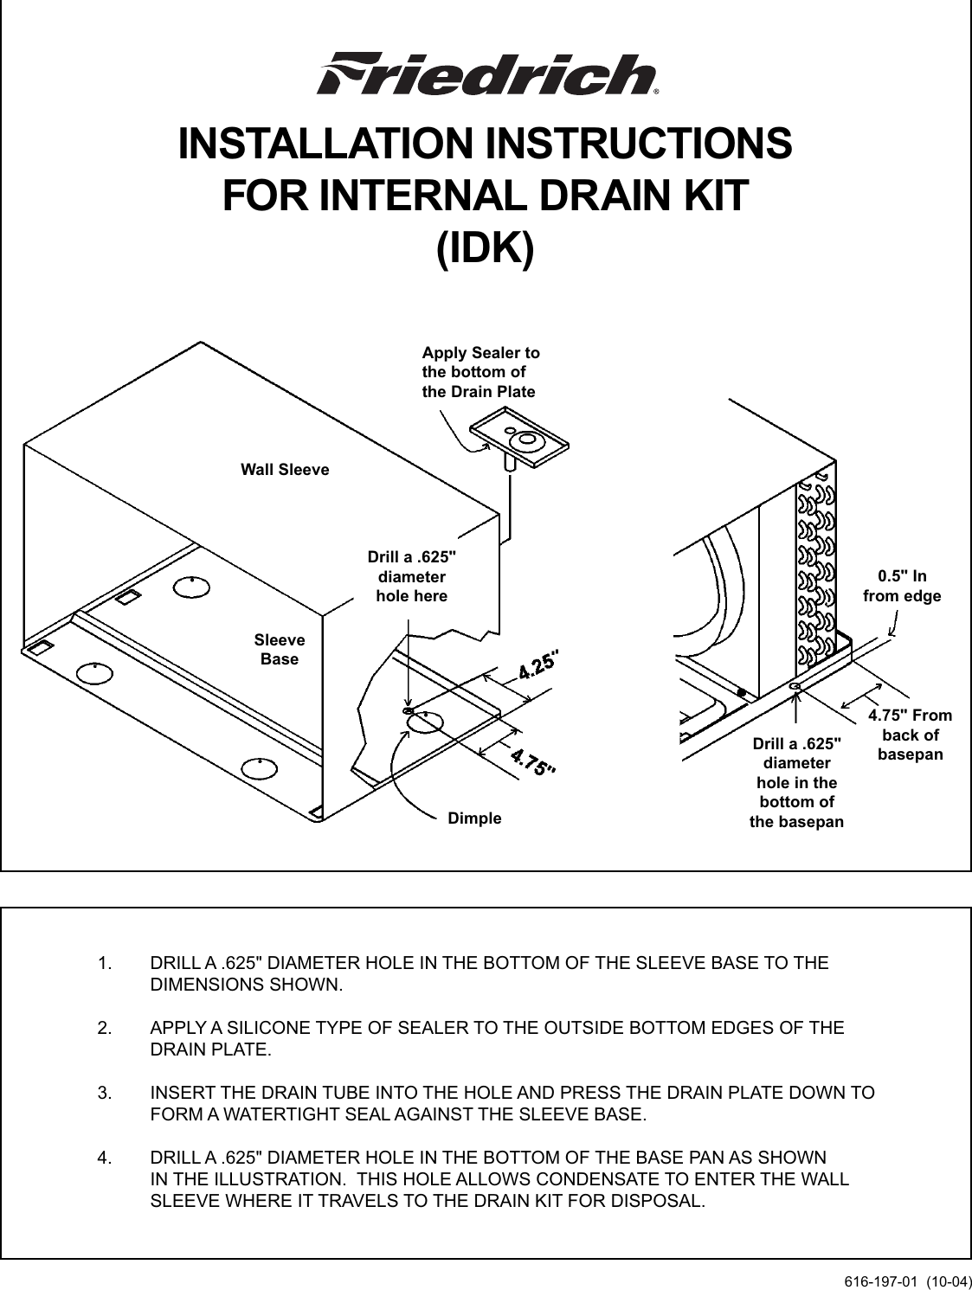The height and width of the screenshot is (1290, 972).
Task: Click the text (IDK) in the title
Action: click(485, 247)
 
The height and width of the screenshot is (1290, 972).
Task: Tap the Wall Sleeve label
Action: click(285, 470)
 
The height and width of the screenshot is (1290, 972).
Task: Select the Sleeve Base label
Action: click(280, 650)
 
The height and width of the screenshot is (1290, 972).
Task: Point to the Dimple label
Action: click(474, 818)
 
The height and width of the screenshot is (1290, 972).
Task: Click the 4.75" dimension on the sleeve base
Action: click(531, 762)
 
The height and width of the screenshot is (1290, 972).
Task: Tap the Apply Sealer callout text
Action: click(480, 372)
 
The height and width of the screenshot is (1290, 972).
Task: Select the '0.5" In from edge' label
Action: click(902, 586)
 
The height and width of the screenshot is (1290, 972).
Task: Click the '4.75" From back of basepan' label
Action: click(910, 735)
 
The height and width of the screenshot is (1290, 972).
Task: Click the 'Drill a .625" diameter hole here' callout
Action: click(411, 576)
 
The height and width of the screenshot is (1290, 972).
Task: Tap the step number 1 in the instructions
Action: click(103, 963)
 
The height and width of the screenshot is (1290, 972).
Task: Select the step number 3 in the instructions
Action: click(103, 1093)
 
